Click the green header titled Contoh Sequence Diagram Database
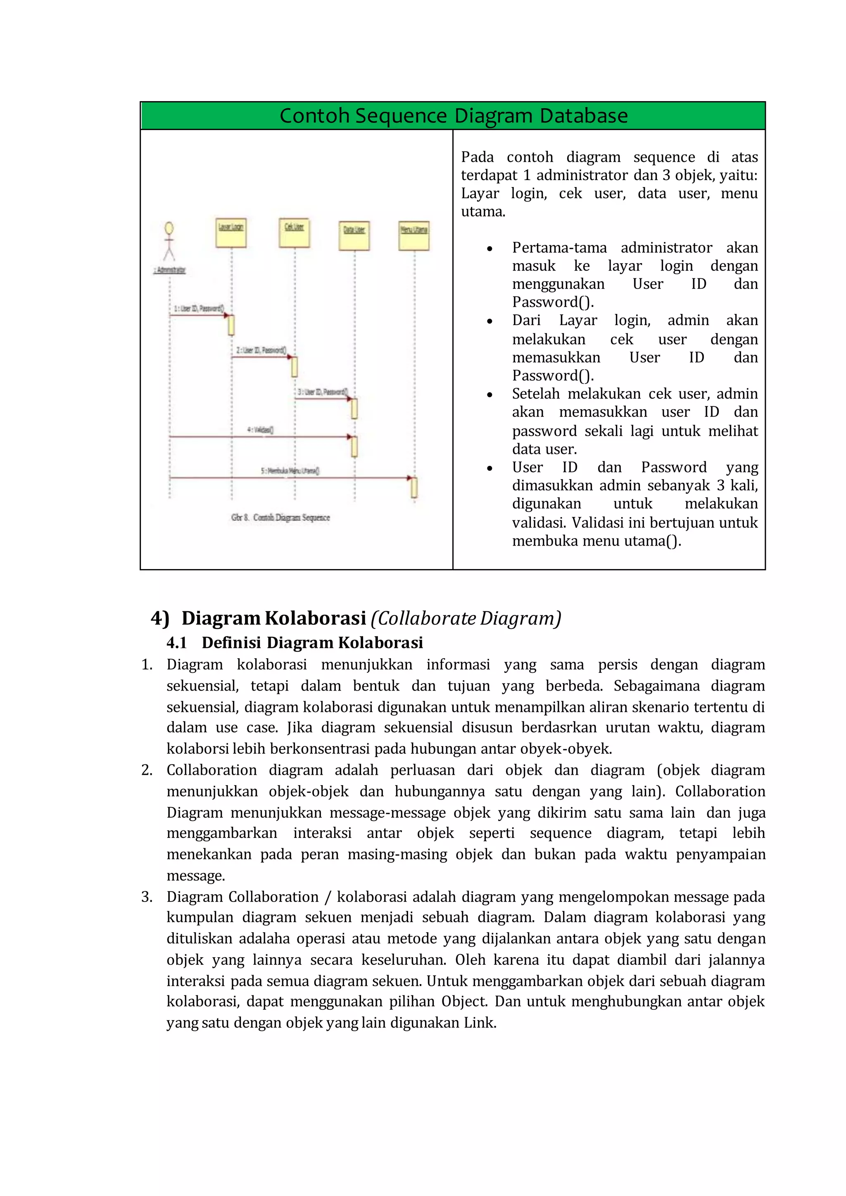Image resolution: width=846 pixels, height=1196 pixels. [453, 116]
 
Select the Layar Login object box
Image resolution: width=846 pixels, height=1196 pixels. [231, 233]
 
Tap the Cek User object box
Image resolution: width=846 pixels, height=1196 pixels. [295, 233]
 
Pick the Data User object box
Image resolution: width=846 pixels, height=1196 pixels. [354, 235]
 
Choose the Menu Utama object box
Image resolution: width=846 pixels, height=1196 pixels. [414, 235]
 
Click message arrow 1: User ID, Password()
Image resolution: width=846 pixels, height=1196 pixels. [198, 315]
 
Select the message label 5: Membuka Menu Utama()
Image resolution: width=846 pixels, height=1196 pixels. [290, 470]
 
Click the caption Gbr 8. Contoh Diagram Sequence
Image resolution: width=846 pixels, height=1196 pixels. [280, 517]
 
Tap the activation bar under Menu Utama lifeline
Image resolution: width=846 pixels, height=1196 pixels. [414, 488]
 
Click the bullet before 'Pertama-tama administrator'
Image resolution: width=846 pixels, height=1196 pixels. [490, 249]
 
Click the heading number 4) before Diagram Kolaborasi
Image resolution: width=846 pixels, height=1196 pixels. [160, 618]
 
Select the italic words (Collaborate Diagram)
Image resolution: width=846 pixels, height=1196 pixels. [466, 618]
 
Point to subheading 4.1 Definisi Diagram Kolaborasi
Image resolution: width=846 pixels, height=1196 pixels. [295, 643]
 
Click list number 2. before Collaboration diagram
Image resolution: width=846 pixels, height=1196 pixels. [147, 770]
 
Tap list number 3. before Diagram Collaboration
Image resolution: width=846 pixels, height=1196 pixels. [147, 897]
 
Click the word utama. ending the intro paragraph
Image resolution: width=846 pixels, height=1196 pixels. [483, 212]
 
